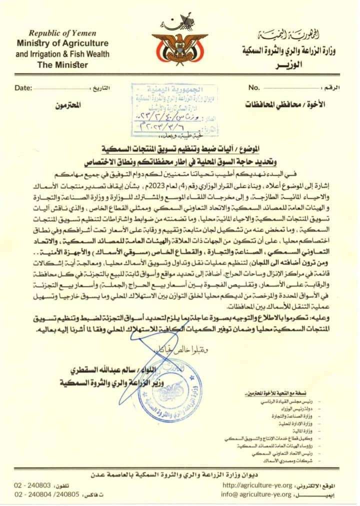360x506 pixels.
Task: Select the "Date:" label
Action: pos(23,88)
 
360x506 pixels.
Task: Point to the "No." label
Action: pos(254,87)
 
